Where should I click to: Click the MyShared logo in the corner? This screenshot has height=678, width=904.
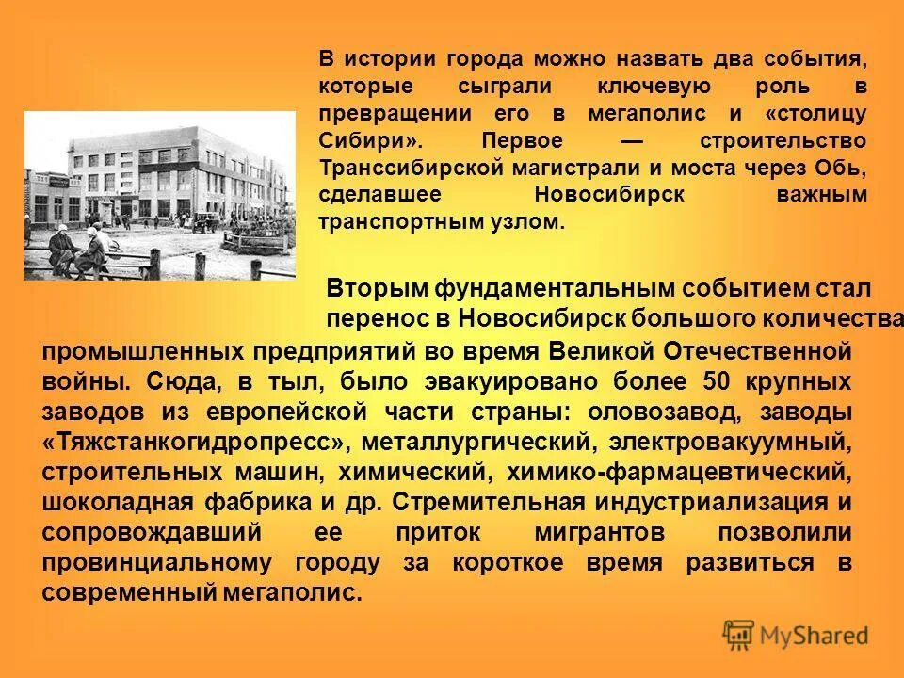[797, 635]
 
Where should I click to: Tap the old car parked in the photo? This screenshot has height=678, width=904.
[206, 223]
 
